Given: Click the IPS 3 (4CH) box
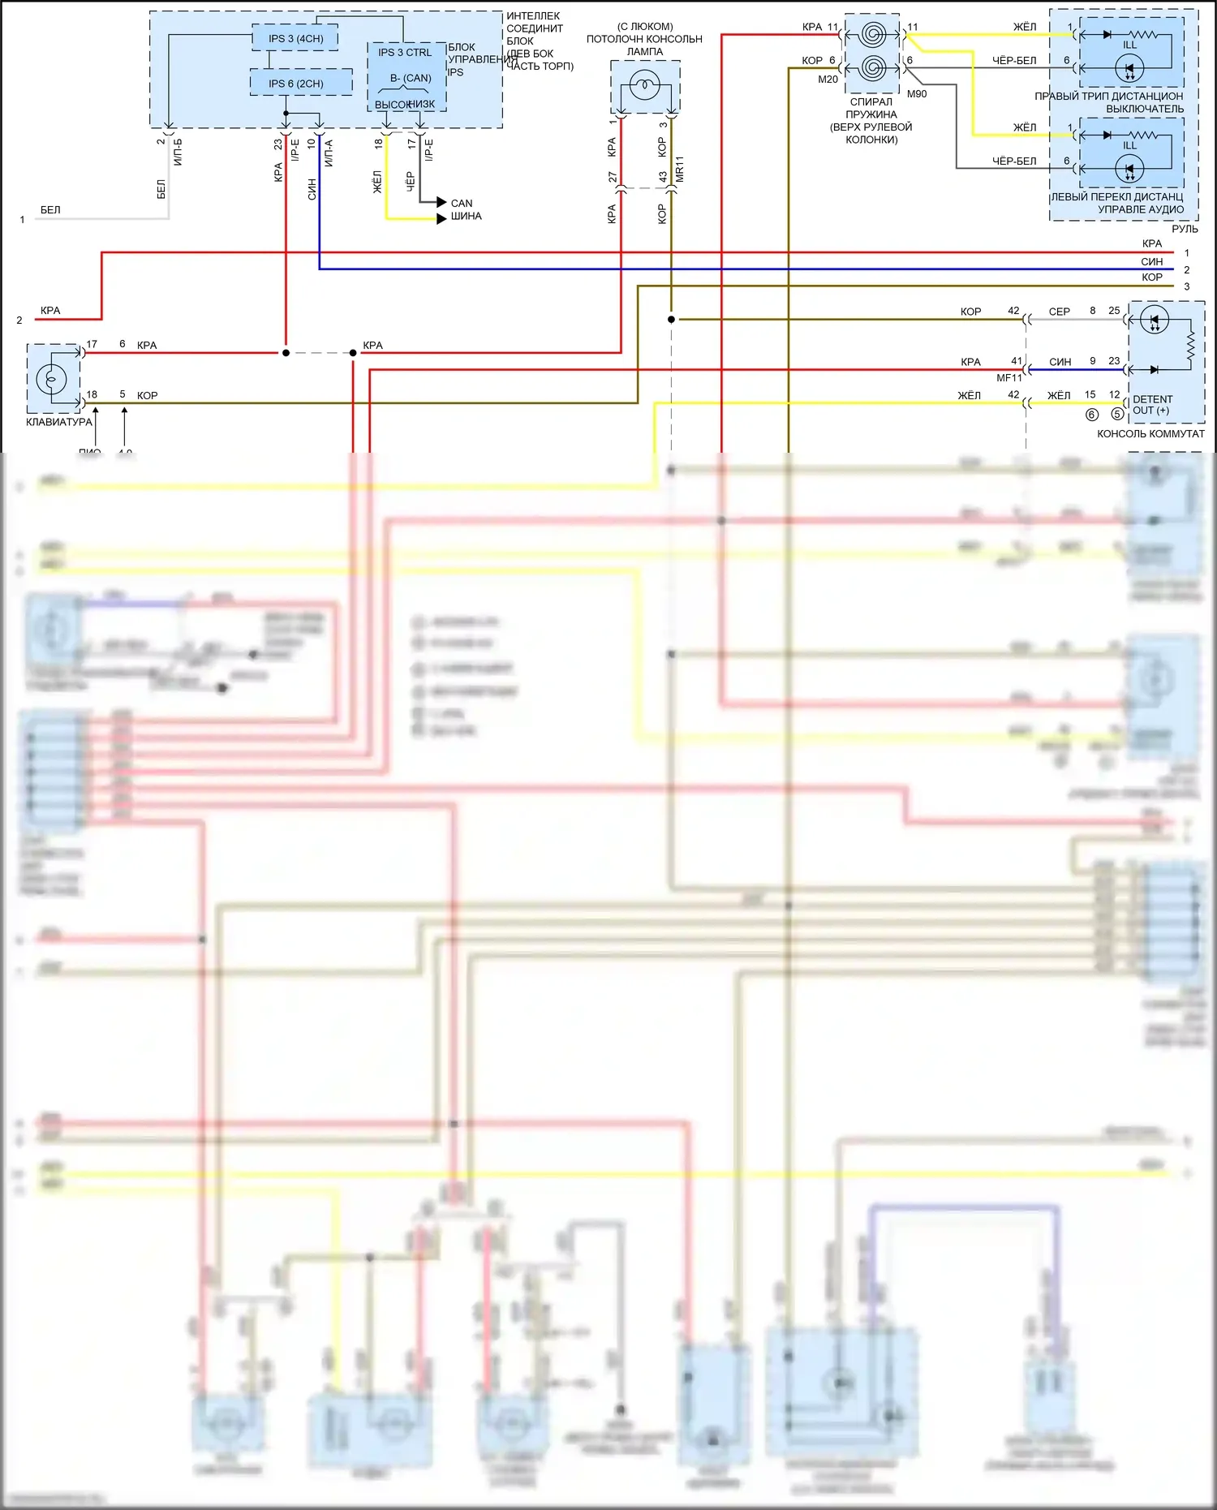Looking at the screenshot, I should (x=295, y=38).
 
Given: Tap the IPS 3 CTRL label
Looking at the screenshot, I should (x=405, y=53).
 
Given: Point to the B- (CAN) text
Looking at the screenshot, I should (x=411, y=78).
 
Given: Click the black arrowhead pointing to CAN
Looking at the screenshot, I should (x=441, y=202).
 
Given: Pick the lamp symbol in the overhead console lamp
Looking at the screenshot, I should (x=645, y=84).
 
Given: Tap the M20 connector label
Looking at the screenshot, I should (x=828, y=80).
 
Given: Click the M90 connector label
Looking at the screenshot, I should (x=917, y=94).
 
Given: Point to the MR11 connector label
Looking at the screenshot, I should (x=680, y=169).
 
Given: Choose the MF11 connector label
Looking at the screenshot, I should (x=1009, y=378).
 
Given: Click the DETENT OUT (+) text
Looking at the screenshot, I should (x=1152, y=405).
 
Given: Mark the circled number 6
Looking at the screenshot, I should (x=1092, y=415).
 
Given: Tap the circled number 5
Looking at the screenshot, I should (x=1117, y=415).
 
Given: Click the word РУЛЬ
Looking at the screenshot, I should (x=1185, y=229).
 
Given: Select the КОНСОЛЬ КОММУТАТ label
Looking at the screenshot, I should (x=1150, y=434).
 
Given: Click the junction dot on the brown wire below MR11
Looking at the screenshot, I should (x=671, y=320).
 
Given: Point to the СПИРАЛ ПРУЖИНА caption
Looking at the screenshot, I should (x=871, y=108).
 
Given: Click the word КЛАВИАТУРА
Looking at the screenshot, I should (x=59, y=422).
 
